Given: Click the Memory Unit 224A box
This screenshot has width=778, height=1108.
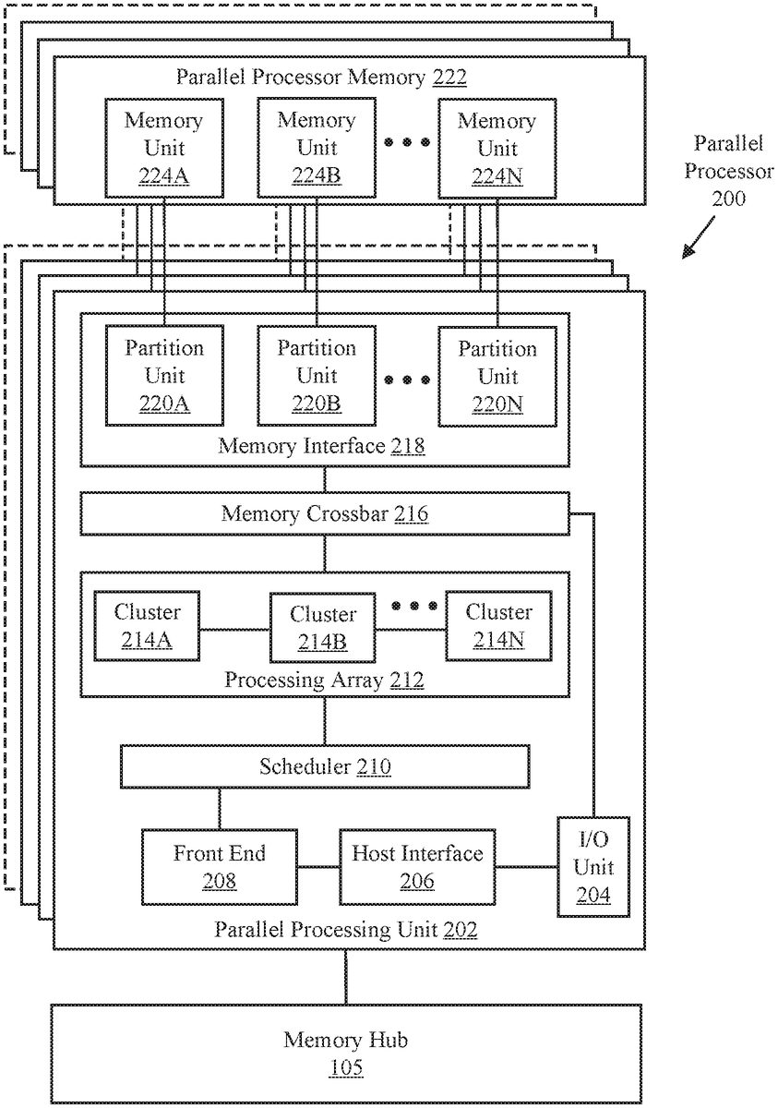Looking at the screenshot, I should (163, 149).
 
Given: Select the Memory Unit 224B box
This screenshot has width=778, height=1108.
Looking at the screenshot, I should (317, 149).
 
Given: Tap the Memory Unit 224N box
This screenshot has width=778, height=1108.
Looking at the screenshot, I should (497, 149).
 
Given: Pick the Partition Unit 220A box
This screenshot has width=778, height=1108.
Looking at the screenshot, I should (163, 376).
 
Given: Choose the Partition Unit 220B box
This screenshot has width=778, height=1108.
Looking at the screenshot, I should (317, 376).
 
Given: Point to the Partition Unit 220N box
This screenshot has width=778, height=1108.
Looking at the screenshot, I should (497, 376).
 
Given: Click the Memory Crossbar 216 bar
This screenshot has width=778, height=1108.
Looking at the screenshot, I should (324, 513).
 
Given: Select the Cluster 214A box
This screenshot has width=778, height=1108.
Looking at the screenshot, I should (148, 626).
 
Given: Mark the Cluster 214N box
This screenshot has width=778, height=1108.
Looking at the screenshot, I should (498, 626).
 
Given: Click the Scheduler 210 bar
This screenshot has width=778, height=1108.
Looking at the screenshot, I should (324, 765).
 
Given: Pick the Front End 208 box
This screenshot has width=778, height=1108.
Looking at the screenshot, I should (219, 867).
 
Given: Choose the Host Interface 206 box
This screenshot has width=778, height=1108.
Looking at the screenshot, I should (417, 867).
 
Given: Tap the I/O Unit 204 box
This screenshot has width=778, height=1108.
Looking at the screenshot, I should (593, 867).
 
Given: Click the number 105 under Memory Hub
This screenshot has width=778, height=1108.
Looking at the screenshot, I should (346, 1068).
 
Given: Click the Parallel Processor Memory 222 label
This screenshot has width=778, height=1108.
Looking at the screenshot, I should (321, 77).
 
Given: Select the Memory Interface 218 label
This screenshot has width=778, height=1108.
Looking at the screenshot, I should (321, 447).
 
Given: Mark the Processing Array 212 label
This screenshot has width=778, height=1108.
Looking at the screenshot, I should (324, 680).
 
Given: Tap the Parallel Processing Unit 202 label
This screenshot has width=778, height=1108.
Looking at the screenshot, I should (346, 930).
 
